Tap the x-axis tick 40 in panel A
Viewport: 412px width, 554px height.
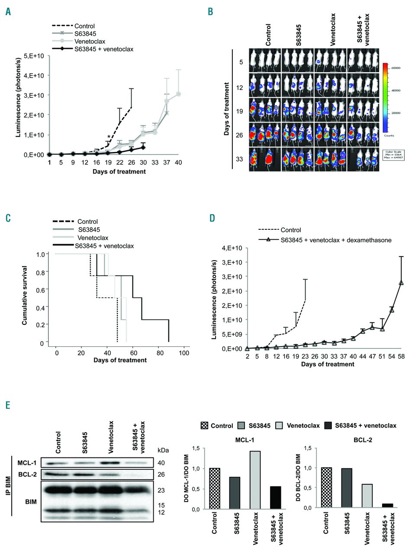pyautogui.click(x=178, y=162)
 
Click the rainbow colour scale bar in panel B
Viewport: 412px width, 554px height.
pyautogui.click(x=384, y=97)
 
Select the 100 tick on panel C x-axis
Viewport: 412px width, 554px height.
pyautogui.click(x=184, y=354)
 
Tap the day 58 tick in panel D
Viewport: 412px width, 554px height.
pyautogui.click(x=401, y=356)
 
